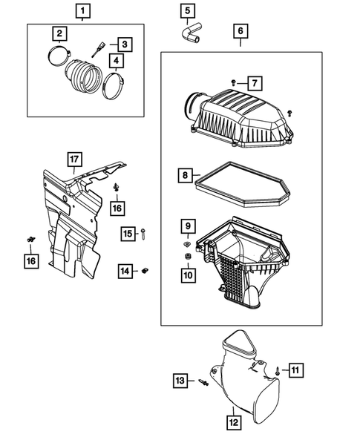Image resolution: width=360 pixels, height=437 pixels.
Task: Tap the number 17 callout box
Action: pos(74,159)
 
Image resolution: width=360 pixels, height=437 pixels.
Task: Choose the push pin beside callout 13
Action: pos(202,382)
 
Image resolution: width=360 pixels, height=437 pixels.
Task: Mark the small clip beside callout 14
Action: pos(146,272)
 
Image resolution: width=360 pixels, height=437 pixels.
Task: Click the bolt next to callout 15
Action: pos(143,234)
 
